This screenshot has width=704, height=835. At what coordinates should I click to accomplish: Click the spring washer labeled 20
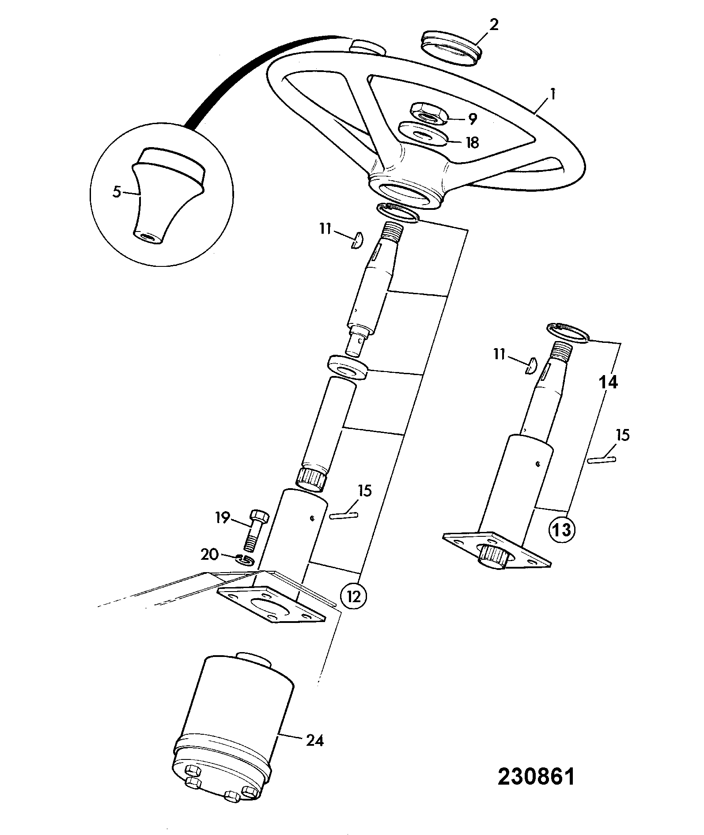pyautogui.click(x=246, y=559)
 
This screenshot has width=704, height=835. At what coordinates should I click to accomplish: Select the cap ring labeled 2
pyautogui.click(x=453, y=48)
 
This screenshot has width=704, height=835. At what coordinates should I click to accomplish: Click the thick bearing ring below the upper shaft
pyautogui.click(x=348, y=366)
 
